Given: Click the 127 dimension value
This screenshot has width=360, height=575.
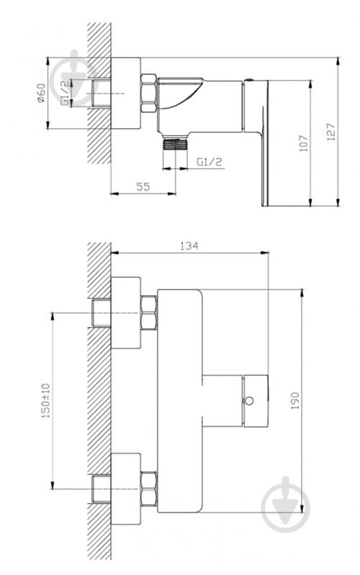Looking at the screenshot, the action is (x=330, y=132).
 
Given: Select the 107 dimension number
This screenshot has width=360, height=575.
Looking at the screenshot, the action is (x=304, y=143).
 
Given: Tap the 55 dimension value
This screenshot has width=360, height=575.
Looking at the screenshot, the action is (x=143, y=186).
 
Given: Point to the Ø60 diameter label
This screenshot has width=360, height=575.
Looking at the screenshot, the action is (x=42, y=93).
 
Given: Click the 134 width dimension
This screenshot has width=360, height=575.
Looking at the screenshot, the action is (x=189, y=245).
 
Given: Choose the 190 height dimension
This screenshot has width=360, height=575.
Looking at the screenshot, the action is (x=295, y=401).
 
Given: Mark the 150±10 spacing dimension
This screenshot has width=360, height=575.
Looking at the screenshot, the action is (x=45, y=401).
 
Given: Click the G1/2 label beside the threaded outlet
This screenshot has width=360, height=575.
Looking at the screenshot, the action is (x=210, y=162).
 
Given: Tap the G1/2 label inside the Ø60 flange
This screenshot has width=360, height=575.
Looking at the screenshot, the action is (x=65, y=93).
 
